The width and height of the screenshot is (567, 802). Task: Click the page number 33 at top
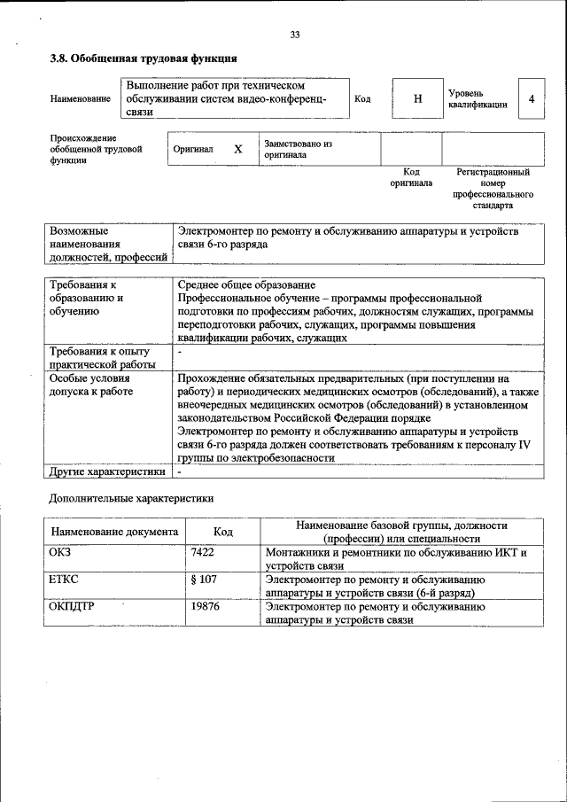pos(295,35)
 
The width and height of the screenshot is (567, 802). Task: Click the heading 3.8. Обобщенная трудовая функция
pos(143,59)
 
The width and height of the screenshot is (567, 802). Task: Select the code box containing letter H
pos(417,99)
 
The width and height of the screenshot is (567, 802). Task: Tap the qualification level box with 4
pos(531,99)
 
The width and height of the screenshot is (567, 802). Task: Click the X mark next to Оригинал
pos(237,149)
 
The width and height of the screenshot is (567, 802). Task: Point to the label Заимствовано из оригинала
pos(297,148)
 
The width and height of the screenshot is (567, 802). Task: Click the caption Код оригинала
pos(411,177)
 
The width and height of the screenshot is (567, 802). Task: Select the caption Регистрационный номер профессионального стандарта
pos(493,188)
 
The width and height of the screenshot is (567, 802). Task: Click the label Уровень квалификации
pos(477,98)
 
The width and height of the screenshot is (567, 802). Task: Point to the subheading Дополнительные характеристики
pos(131,499)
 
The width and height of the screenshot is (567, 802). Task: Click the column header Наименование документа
pos(114,532)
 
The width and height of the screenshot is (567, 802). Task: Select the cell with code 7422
pos(203,552)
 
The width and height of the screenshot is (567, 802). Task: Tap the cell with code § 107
pos(204,580)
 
